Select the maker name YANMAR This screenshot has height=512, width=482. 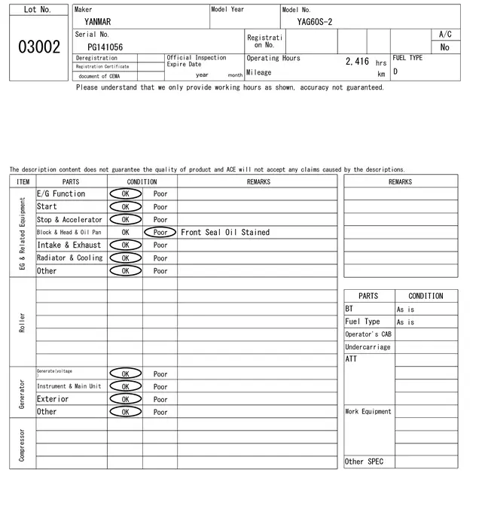[x=98, y=22]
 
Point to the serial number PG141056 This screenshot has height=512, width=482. [x=105, y=47]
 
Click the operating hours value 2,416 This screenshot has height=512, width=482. [x=357, y=62]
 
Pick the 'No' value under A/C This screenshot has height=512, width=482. [x=444, y=47]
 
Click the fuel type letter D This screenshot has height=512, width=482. [x=395, y=72]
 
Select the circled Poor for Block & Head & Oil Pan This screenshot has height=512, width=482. [x=160, y=233]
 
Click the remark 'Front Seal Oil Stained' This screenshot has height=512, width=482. [x=225, y=233]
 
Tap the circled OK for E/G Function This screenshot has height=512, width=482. [x=125, y=194]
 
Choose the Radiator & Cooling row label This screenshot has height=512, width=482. [x=70, y=258]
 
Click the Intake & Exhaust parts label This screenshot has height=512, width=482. [x=69, y=245]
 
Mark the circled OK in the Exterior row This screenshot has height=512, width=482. [x=125, y=399]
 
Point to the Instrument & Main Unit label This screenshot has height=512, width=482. [x=69, y=386]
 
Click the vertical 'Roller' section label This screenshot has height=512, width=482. [x=22, y=322]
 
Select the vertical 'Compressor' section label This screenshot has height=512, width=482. [x=22, y=444]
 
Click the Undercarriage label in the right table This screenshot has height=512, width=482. [x=368, y=347]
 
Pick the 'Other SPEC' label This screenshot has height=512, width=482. [x=364, y=462]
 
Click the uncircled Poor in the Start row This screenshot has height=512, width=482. [x=160, y=207]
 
